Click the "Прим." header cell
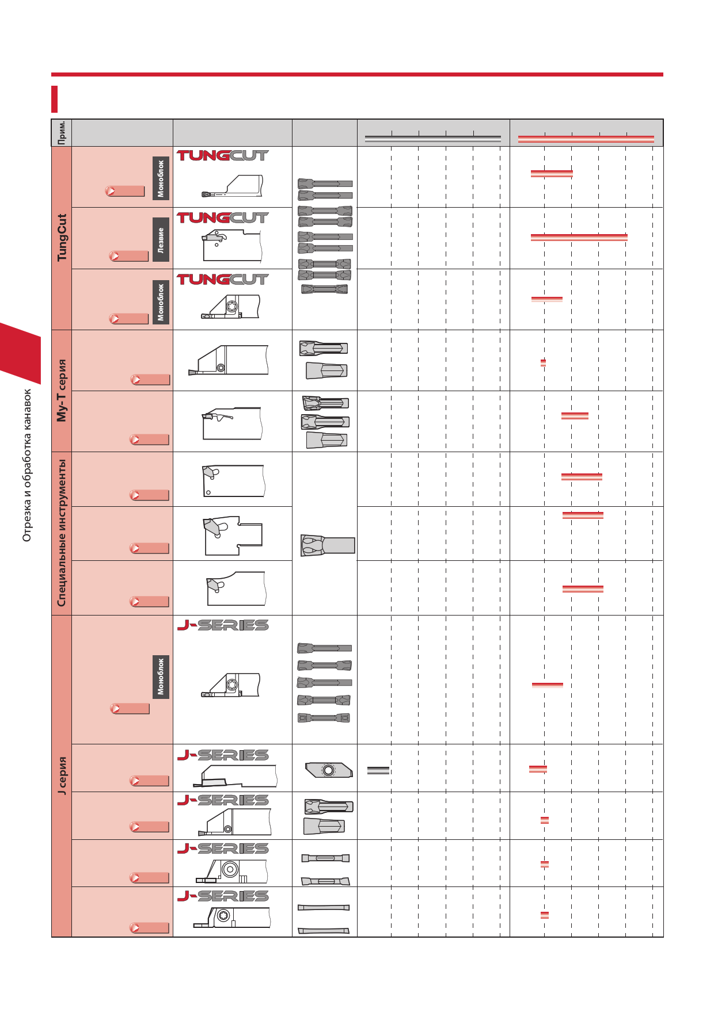point(62,133)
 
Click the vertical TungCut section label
point(62,238)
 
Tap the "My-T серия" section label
point(62,391)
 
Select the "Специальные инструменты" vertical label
point(62,533)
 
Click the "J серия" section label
point(62,776)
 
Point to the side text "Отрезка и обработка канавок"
point(27,465)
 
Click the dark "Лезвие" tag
point(161,240)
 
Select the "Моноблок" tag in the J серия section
point(161,677)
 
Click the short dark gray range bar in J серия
point(378,770)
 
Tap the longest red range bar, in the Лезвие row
point(579,238)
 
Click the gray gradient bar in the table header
point(433,139)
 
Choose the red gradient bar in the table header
point(586,139)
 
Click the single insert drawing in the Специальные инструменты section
point(328,545)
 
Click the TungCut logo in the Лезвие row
point(223,218)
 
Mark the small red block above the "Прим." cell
point(55,99)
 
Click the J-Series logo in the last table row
point(223,896)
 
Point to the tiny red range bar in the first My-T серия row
point(543,363)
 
